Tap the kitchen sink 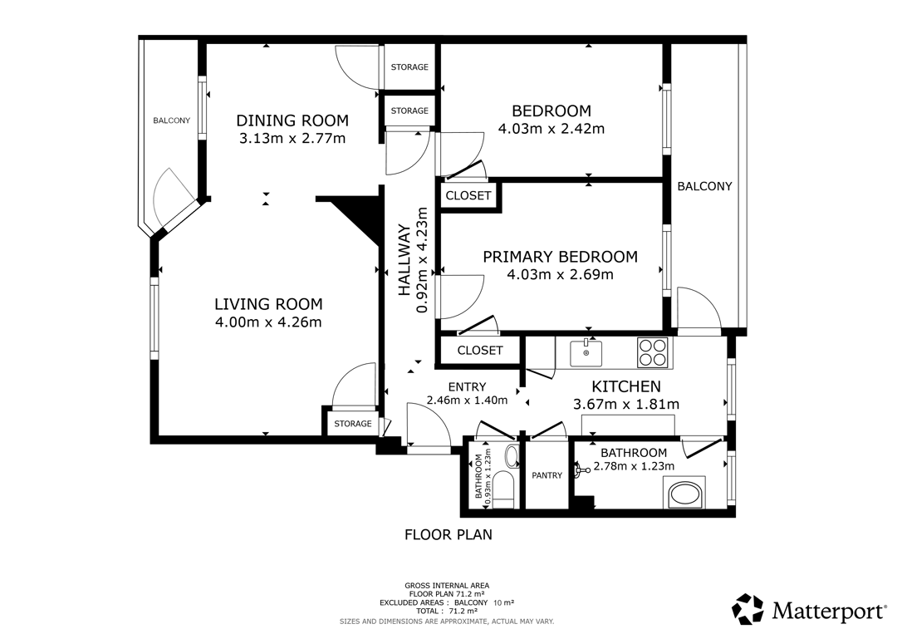click(586, 352)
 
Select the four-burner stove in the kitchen click(652, 352)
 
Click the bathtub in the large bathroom click(684, 494)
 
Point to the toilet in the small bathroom click(503, 489)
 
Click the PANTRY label click(547, 475)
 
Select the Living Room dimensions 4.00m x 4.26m click(268, 322)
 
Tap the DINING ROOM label click(292, 120)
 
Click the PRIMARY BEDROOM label click(560, 257)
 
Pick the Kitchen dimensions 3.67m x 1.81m click(626, 405)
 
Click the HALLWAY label click(404, 260)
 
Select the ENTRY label click(468, 387)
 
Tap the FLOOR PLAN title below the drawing click(448, 534)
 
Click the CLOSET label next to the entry click(480, 350)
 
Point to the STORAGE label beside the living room click(353, 424)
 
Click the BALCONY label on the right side click(704, 186)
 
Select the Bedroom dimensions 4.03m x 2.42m click(551, 129)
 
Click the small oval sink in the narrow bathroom click(511, 456)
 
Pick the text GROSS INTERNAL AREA click(447, 585)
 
